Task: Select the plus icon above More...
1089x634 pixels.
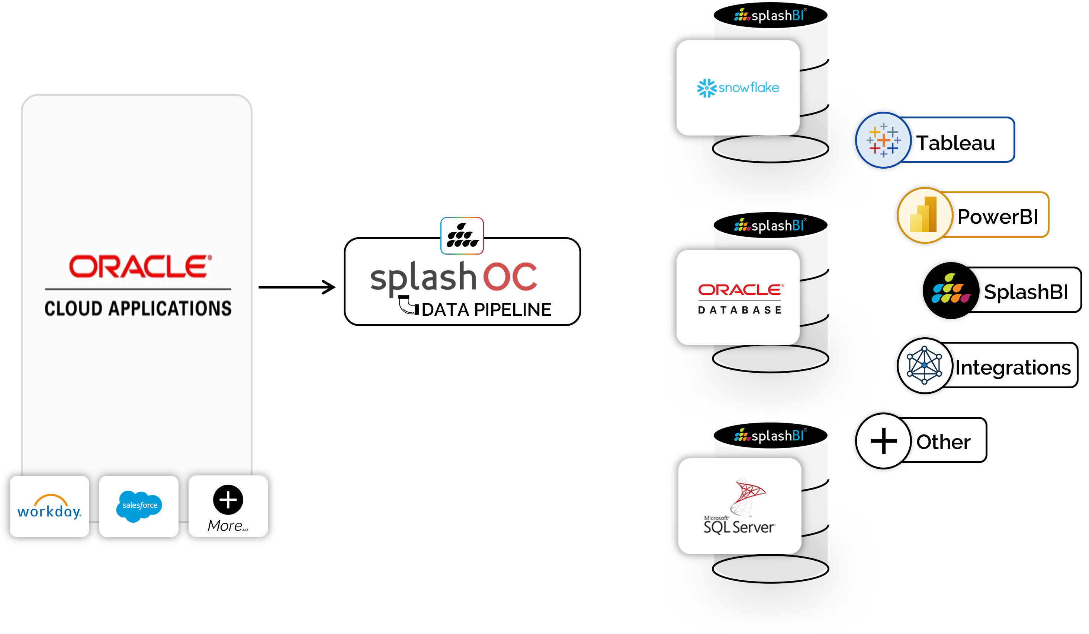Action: (x=228, y=500)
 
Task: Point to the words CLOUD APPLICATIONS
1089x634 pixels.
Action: (x=138, y=308)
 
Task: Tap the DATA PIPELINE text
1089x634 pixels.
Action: (x=486, y=310)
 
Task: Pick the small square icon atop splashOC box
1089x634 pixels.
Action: (x=462, y=236)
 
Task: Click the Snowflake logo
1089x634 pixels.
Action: (x=738, y=88)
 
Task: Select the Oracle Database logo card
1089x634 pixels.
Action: (x=738, y=297)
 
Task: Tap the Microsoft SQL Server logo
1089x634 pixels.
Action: (x=740, y=506)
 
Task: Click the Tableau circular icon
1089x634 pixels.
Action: (x=884, y=140)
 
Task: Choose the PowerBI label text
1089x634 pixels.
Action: (x=998, y=217)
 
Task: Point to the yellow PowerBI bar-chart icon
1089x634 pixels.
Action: (x=924, y=215)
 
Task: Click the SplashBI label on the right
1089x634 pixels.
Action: (x=1025, y=292)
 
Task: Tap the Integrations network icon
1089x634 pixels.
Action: (x=924, y=366)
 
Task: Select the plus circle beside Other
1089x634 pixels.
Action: (x=884, y=441)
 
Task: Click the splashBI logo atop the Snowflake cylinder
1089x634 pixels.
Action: (x=770, y=16)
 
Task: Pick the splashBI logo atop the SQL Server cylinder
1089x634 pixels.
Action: (x=770, y=436)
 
